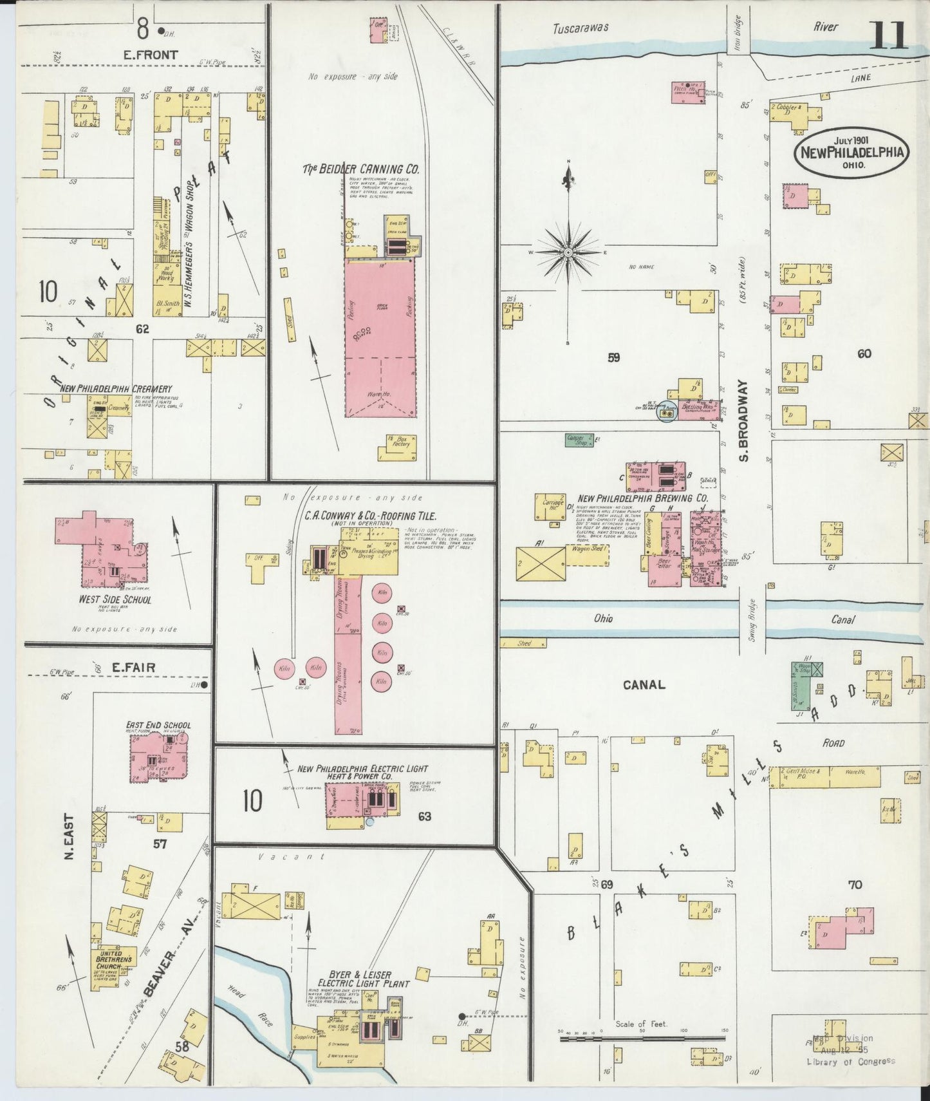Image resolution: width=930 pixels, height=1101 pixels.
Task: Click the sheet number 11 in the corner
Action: (x=888, y=35)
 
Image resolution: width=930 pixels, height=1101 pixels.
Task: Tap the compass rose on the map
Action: (x=568, y=252)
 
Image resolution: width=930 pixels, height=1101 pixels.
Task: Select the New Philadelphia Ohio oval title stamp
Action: (x=851, y=153)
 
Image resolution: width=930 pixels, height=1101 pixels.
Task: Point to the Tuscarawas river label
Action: (x=581, y=28)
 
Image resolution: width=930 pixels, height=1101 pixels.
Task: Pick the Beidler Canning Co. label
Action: (x=361, y=169)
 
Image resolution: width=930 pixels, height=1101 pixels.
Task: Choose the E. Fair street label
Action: (x=133, y=667)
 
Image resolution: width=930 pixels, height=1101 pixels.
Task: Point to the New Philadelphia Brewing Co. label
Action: (x=642, y=498)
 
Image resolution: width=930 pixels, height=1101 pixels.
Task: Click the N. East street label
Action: (x=70, y=836)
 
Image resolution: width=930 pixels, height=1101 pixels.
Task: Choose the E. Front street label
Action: (x=150, y=55)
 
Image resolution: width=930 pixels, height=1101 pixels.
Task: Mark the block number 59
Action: (x=613, y=357)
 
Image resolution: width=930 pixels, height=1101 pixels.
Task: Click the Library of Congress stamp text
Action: (x=850, y=1062)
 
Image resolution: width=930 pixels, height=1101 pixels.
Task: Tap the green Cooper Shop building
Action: (x=579, y=439)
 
